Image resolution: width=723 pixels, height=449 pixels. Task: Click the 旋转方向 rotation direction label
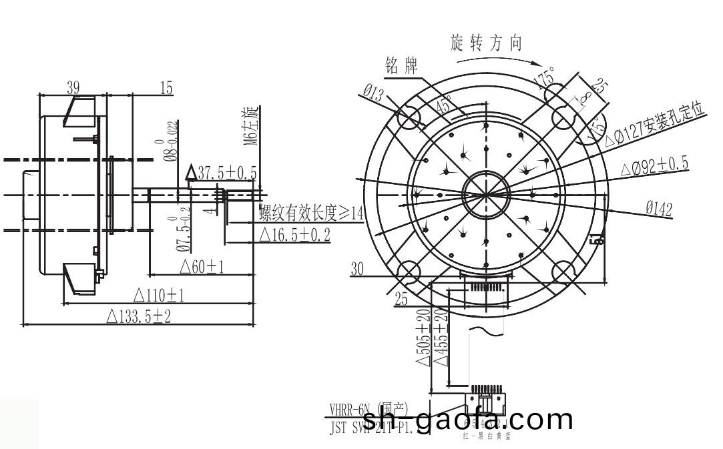pos(487,44)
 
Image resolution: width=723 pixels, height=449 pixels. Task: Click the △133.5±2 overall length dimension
pos(139,316)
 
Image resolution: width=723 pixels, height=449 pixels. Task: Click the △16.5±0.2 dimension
pos(294,235)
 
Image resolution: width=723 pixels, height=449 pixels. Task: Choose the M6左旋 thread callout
pos(250,125)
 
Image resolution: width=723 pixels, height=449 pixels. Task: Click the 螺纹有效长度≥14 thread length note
pos(311,213)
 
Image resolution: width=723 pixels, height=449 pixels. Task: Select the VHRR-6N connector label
pos(367,409)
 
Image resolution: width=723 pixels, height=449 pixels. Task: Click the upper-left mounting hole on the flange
pos(409,120)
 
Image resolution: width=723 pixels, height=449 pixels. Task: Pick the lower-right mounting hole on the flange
pos(564,271)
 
